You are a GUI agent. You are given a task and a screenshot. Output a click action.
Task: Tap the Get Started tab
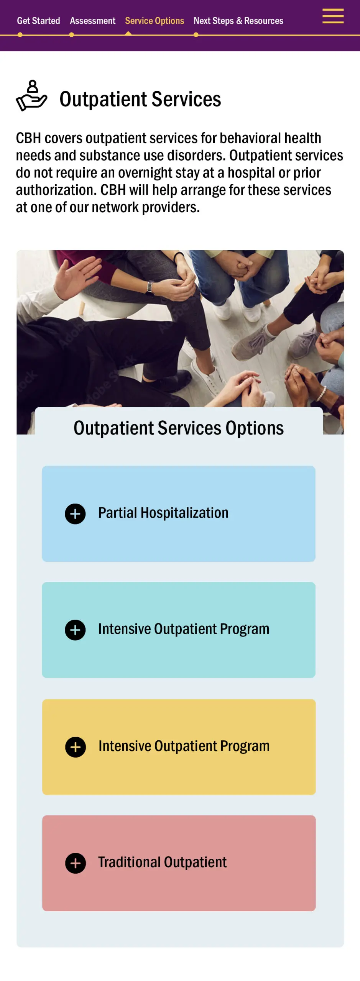38,21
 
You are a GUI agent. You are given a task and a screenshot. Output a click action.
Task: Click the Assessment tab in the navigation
92,21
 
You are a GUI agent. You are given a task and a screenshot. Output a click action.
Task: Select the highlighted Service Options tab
155,21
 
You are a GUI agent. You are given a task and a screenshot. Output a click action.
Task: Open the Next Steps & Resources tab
238,21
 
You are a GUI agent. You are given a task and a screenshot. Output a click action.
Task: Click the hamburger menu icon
333,16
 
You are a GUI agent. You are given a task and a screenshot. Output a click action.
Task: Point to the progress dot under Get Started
20,35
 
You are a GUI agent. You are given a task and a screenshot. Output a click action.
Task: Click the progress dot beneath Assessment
71,35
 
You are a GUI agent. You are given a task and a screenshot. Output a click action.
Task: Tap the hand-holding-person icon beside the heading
31,96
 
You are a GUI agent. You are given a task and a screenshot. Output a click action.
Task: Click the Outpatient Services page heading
140,99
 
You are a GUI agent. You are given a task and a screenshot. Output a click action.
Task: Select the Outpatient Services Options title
179,428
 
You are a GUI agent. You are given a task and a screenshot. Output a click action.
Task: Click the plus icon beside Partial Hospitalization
75,514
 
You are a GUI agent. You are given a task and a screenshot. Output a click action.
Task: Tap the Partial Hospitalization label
163,513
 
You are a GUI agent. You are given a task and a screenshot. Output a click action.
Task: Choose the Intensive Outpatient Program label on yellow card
184,746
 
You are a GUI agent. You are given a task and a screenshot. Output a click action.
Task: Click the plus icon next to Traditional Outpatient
76,863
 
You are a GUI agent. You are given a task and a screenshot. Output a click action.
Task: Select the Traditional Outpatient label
163,862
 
